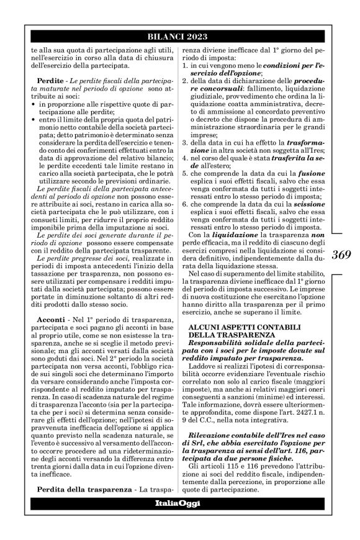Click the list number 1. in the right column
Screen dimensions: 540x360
point(185,65)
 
